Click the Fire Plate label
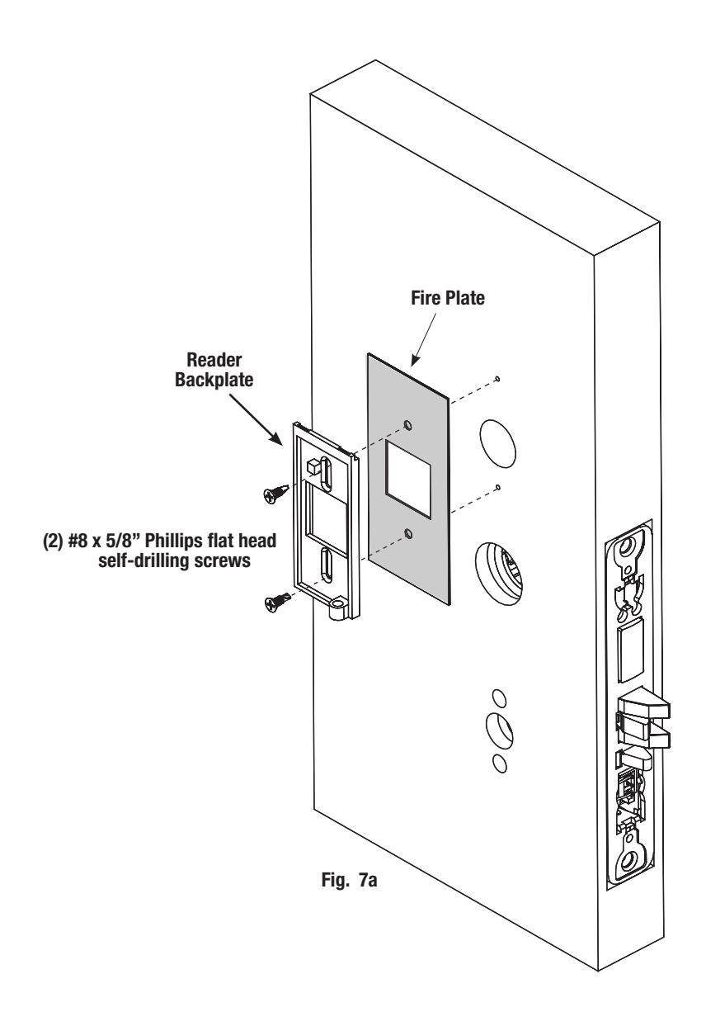pos(447,298)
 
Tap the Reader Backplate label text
pos(214,370)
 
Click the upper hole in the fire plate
pos(407,425)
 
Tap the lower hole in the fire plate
pos(408,533)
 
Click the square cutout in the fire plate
pos(407,479)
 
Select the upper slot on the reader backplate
pos(327,475)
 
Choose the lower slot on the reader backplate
pos(327,565)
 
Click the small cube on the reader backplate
pos(313,466)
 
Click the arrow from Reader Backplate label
pos(256,419)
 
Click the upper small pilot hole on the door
pos(498,378)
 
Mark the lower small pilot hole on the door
pos(498,487)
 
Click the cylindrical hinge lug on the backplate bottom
pos(337,608)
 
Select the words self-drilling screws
pos(174,560)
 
